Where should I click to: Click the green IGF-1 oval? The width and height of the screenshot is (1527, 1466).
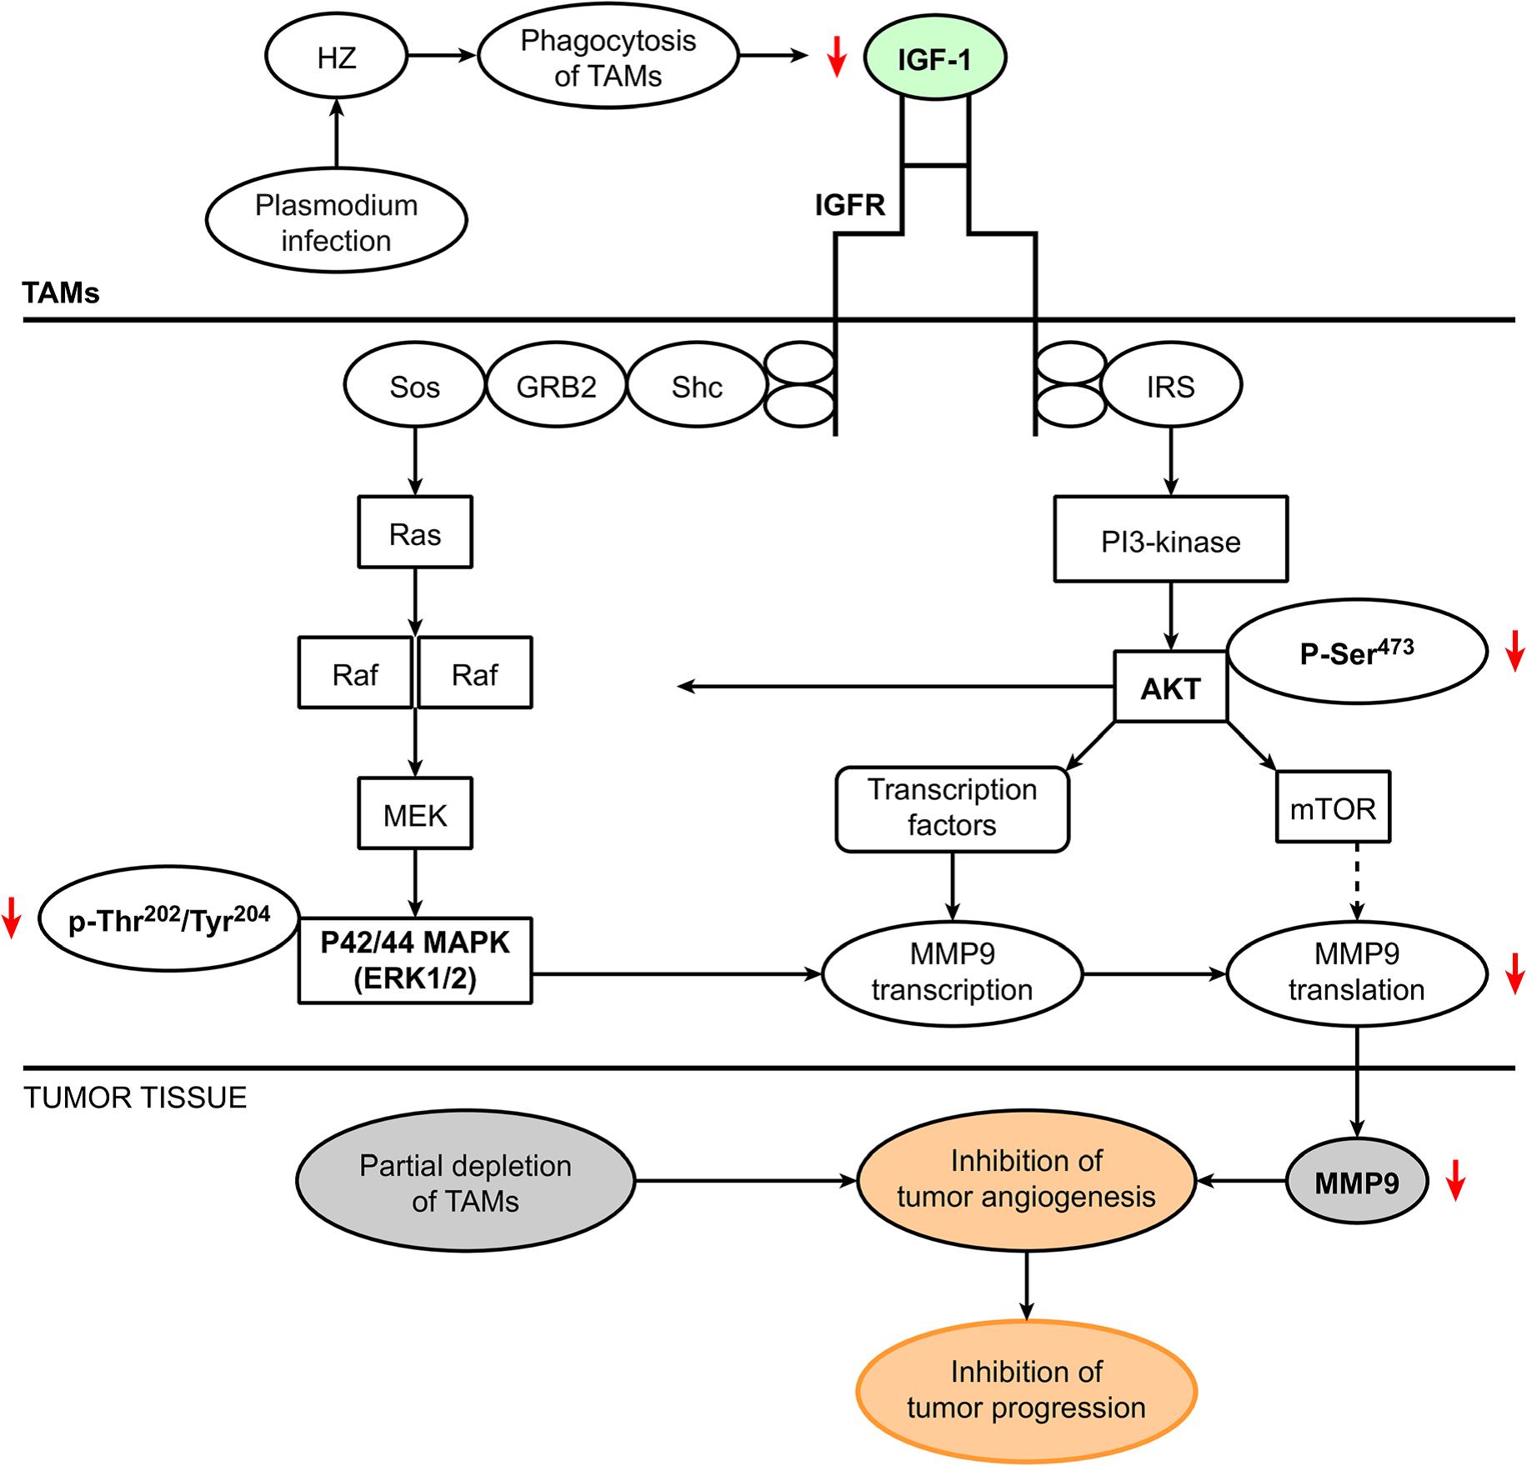click(934, 58)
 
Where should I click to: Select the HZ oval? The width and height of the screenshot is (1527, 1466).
click(337, 58)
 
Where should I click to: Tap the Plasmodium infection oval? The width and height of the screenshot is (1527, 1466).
click(336, 222)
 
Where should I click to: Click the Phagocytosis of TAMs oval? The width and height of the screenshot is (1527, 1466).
click(608, 58)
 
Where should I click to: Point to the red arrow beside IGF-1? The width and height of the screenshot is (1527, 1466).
click(836, 56)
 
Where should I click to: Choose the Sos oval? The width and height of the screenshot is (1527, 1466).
click(414, 387)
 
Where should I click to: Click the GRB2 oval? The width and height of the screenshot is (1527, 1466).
click(556, 387)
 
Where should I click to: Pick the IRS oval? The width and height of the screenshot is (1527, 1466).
click(1170, 386)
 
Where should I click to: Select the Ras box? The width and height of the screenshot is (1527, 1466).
click(415, 533)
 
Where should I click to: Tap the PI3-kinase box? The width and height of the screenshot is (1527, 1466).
click(1170, 541)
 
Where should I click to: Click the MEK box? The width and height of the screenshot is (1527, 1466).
click(415, 814)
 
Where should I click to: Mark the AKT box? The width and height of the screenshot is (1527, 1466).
click(1170, 688)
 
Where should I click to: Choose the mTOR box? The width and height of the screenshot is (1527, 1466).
click(1332, 808)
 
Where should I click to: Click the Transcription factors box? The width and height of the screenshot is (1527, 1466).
click(952, 808)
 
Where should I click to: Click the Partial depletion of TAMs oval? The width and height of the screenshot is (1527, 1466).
click(465, 1182)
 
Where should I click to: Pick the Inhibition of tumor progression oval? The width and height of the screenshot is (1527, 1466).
click(1026, 1390)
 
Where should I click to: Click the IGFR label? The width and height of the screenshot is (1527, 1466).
click(849, 204)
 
